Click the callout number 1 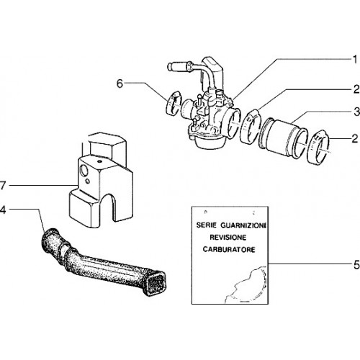[x=355, y=59]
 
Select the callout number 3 [x=357, y=112]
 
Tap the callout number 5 [x=356, y=265]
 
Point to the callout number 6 [x=120, y=84]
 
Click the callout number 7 [x=2, y=186]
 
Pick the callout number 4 [x=2, y=210]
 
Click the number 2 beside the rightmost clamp [x=355, y=139]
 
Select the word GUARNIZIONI [x=243, y=225]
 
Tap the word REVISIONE [x=228, y=238]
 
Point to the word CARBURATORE [x=229, y=249]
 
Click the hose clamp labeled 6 [x=174, y=102]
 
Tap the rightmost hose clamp [x=319, y=147]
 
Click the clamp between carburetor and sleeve [x=251, y=126]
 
